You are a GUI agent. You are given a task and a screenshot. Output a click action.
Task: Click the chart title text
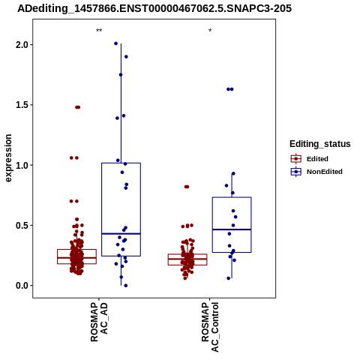click(154, 8)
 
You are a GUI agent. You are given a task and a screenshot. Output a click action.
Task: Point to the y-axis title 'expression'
click(8, 158)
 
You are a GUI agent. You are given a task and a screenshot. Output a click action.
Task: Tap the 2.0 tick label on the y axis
click(20, 45)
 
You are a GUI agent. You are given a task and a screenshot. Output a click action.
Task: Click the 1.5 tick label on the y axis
click(20, 105)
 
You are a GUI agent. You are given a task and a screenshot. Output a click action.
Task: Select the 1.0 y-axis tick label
click(20, 165)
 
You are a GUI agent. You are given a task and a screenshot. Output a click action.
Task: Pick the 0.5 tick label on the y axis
click(20, 226)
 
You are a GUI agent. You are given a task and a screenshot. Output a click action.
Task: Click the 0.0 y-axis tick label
click(20, 286)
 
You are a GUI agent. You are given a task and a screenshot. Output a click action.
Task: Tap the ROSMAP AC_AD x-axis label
click(99, 322)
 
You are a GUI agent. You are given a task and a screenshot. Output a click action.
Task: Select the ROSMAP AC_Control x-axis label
click(210, 327)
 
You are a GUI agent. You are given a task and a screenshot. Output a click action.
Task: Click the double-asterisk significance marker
click(99, 31)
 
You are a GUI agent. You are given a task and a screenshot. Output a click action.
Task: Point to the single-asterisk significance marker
click(210, 31)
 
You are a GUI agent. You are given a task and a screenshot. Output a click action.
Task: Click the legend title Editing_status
click(320, 144)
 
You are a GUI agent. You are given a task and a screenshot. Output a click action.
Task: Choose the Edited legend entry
click(309, 159)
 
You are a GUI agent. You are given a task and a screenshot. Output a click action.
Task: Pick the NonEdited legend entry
click(316, 172)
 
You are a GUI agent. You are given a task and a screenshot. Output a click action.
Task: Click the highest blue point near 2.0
click(115, 43)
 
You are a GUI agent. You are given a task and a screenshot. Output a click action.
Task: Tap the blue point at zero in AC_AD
click(126, 286)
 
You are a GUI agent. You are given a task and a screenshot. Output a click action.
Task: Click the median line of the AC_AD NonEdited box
click(121, 234)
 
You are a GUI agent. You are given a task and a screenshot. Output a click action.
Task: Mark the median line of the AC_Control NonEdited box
click(232, 229)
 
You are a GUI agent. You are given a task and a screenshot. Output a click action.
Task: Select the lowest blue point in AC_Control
click(229, 278)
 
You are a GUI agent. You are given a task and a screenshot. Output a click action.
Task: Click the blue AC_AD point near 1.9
click(126, 57)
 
